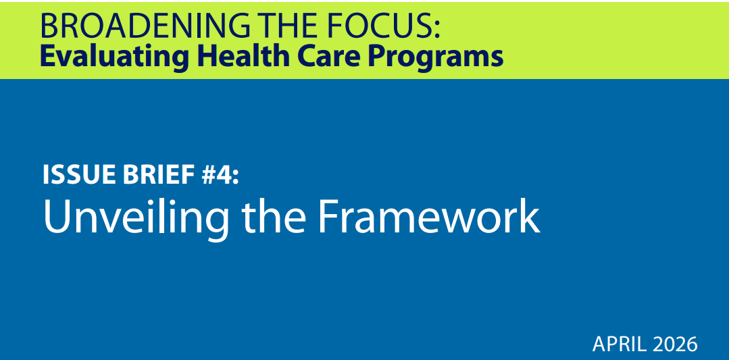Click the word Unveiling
136,216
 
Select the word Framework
428,216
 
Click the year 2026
675,344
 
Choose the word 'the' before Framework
274,216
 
